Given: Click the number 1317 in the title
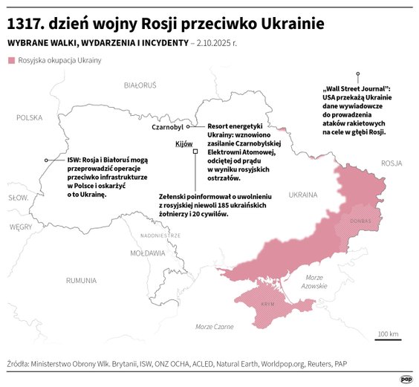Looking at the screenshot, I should [27, 24].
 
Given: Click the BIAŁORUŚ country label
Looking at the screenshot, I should [140, 85].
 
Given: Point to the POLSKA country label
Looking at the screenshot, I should [30, 117].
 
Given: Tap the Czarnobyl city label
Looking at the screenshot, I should [167, 128].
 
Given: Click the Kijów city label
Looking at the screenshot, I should [183, 143].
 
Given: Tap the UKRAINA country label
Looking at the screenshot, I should [303, 195].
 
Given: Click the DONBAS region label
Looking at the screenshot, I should [360, 221].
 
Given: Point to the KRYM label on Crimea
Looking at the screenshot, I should [268, 305].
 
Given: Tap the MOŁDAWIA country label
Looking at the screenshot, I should [147, 253].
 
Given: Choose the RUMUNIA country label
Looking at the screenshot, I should [81, 280].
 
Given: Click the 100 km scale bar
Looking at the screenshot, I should [389, 339].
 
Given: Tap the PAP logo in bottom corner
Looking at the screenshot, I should [406, 378].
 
